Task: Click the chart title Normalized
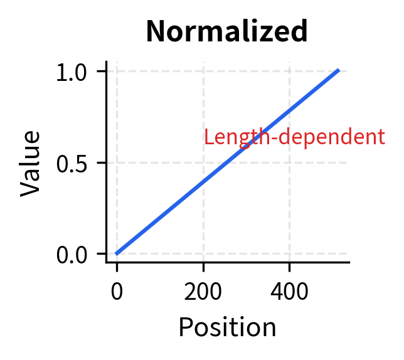[x=226, y=31]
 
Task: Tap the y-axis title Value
[x=31, y=163]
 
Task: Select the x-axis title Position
[x=227, y=327]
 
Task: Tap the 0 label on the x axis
[x=117, y=292]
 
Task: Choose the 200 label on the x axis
[x=203, y=292]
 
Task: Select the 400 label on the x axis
[x=289, y=292]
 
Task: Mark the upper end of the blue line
[x=339, y=70]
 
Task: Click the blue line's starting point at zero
[x=117, y=253]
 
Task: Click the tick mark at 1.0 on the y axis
[x=102, y=71]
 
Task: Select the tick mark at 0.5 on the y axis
[x=102, y=162]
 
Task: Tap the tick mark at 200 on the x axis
[x=203, y=266]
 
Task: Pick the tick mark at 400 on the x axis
[x=289, y=266]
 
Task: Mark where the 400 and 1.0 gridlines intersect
[x=289, y=71]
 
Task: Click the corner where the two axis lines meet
[x=107, y=262]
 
